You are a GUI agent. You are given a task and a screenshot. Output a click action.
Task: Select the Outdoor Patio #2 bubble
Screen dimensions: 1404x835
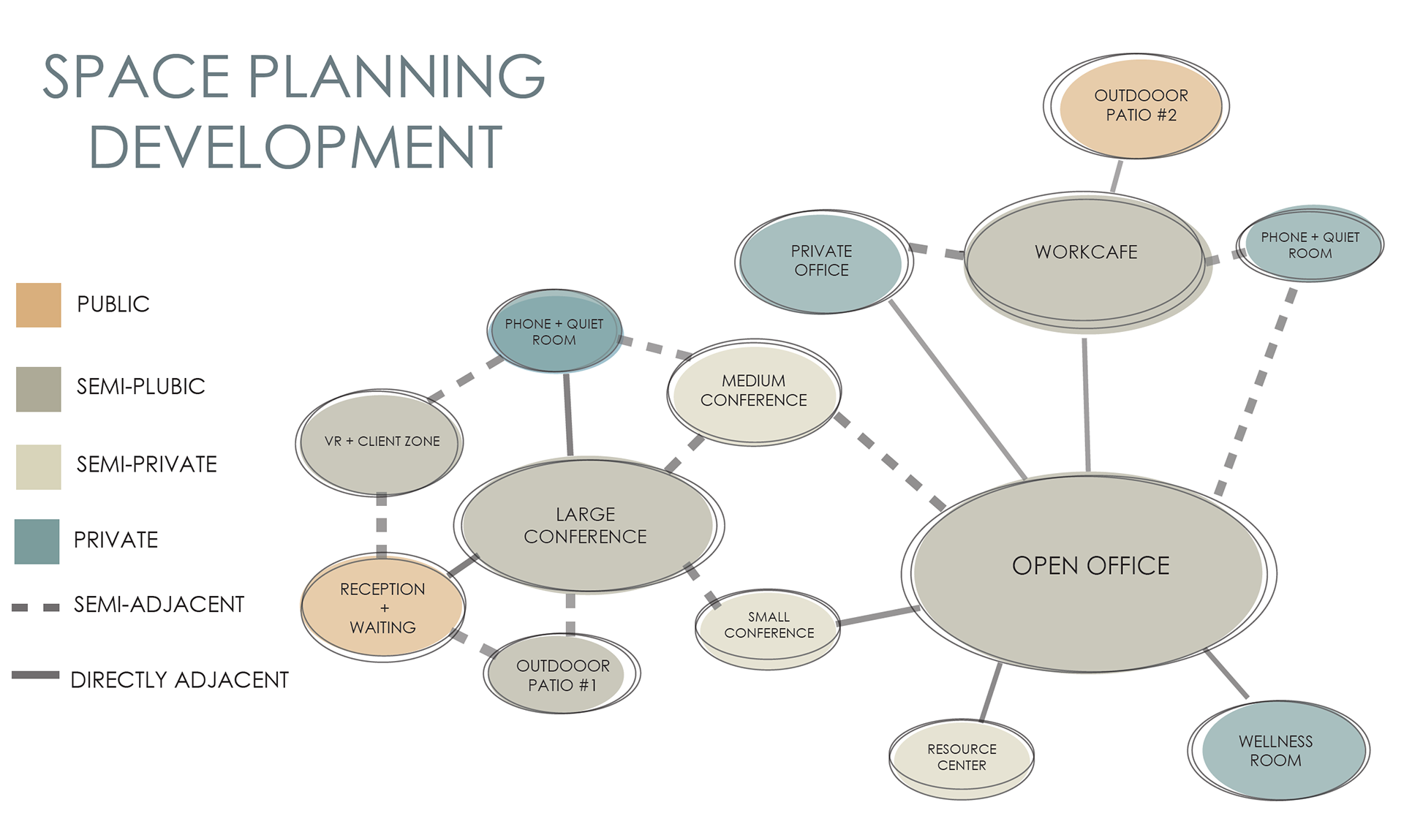click(x=1137, y=106)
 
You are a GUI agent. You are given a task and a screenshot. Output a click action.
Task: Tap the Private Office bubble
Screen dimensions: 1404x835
click(x=823, y=262)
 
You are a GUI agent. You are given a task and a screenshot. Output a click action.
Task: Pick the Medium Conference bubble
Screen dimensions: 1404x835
click(x=754, y=391)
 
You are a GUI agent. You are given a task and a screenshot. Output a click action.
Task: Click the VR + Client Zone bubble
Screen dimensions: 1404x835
click(x=380, y=442)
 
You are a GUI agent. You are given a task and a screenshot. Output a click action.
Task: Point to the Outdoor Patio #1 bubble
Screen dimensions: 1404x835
click(x=562, y=674)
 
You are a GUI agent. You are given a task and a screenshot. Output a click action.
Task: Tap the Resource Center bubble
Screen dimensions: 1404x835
click(x=962, y=758)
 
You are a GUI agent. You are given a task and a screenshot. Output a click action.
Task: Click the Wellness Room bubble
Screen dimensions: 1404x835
click(x=1278, y=750)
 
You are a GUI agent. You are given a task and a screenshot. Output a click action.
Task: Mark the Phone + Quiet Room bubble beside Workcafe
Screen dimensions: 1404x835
click(x=1310, y=243)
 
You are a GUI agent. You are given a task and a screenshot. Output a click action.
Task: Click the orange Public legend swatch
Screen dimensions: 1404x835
click(x=38, y=305)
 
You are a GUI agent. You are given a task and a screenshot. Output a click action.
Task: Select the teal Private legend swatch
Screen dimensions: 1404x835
click(x=37, y=542)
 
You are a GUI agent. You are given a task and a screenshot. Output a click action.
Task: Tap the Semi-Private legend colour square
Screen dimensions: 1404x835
click(x=38, y=467)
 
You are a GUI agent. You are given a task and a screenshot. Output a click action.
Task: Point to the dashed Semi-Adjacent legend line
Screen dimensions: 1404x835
click(x=36, y=607)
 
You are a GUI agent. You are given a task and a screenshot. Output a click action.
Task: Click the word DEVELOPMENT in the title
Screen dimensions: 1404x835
click(x=295, y=147)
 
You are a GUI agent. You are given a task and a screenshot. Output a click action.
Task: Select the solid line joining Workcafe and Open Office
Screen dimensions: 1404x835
click(x=1087, y=404)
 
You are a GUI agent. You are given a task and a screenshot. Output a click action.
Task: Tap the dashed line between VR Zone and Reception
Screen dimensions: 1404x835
click(x=381, y=526)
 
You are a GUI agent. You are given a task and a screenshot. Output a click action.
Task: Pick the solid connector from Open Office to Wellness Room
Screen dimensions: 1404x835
click(x=1226, y=673)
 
